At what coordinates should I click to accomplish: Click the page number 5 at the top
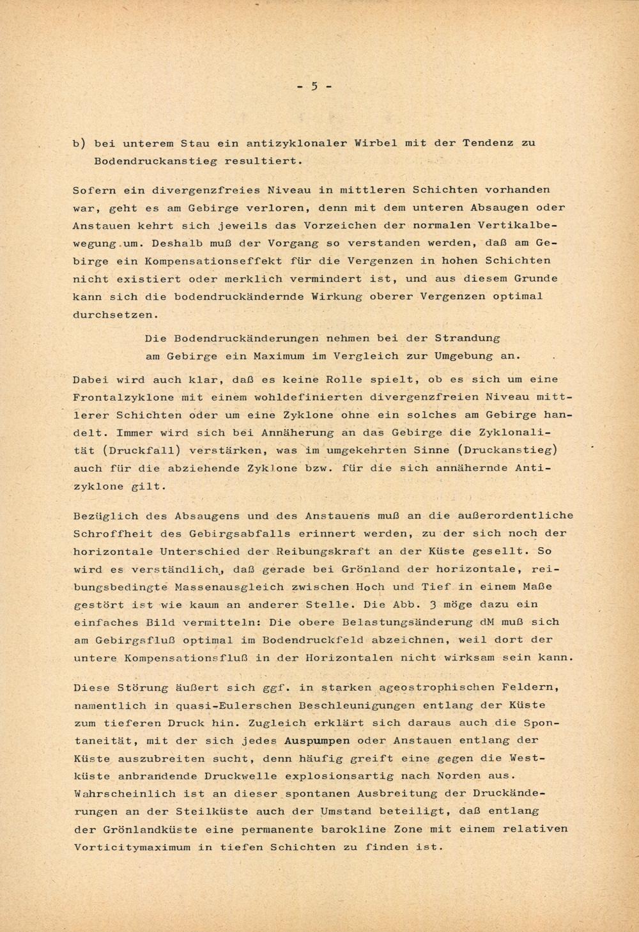pyautogui.click(x=314, y=86)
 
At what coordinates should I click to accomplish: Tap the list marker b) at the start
pyautogui.click(x=79, y=143)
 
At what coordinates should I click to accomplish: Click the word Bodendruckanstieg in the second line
pyautogui.click(x=155, y=161)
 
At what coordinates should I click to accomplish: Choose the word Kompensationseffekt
pyautogui.click(x=218, y=261)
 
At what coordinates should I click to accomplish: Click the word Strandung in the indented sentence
pyautogui.click(x=467, y=338)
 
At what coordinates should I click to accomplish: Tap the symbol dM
pyautogui.click(x=487, y=621)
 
